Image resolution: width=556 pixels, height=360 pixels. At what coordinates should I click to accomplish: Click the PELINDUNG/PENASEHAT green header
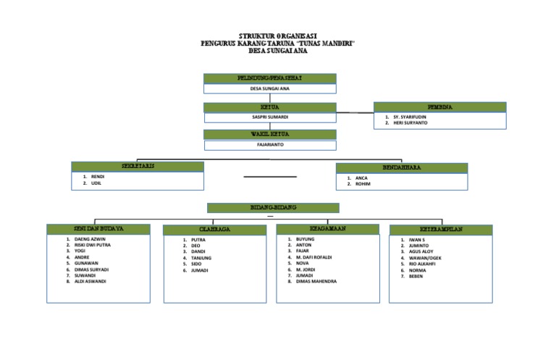tap(269, 78)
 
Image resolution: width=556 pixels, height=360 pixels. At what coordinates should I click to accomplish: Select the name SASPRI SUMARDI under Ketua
tap(269, 117)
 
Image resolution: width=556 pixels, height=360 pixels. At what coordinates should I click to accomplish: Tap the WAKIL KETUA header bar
tap(269, 134)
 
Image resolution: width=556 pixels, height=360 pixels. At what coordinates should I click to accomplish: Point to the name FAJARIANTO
tap(269, 144)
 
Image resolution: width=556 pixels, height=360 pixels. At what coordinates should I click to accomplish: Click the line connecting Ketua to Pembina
tap(355, 113)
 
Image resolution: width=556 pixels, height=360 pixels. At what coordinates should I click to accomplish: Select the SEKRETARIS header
tap(138, 167)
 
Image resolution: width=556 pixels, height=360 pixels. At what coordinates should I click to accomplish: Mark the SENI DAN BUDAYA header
tap(99, 229)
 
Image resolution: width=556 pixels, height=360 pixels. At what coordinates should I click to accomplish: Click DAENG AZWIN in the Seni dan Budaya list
tap(90, 238)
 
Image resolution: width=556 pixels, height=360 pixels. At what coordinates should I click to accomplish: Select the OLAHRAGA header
tap(215, 230)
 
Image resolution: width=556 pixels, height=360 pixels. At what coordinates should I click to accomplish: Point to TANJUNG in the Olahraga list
tap(202, 258)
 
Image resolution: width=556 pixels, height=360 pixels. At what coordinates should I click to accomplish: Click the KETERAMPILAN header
tap(441, 230)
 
